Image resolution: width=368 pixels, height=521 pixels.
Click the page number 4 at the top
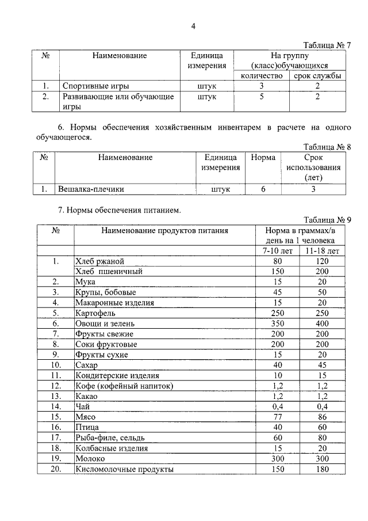[x=193, y=26]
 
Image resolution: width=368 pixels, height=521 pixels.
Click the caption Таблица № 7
[x=327, y=45]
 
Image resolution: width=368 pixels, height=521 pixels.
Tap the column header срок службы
[x=317, y=76]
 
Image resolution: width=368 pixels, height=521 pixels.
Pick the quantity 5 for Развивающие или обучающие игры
[x=261, y=97]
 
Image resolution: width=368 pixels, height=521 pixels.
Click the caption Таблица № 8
[x=327, y=147]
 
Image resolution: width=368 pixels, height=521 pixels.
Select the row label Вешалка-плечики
[x=91, y=188]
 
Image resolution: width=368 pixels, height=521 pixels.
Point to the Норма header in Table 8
[x=263, y=157]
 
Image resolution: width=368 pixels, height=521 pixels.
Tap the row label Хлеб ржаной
[x=95, y=261]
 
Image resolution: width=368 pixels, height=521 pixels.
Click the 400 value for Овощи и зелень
[x=322, y=324]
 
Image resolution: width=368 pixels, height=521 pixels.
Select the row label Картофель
[x=95, y=313]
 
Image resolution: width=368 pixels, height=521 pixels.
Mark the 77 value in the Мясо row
[x=278, y=417]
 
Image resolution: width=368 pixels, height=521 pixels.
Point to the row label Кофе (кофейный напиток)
[x=124, y=386]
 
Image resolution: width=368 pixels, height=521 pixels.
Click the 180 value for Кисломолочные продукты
[x=322, y=469]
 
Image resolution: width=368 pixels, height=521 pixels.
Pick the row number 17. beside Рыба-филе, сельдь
[x=56, y=438]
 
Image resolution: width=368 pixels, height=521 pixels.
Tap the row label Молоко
[x=91, y=458]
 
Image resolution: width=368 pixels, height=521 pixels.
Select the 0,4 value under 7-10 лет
[x=278, y=406]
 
